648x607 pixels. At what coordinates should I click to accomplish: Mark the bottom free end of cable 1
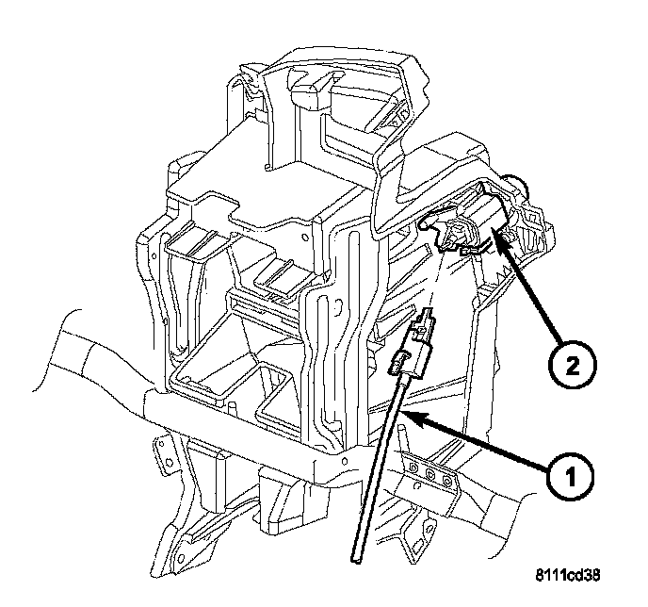pos(359,562)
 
